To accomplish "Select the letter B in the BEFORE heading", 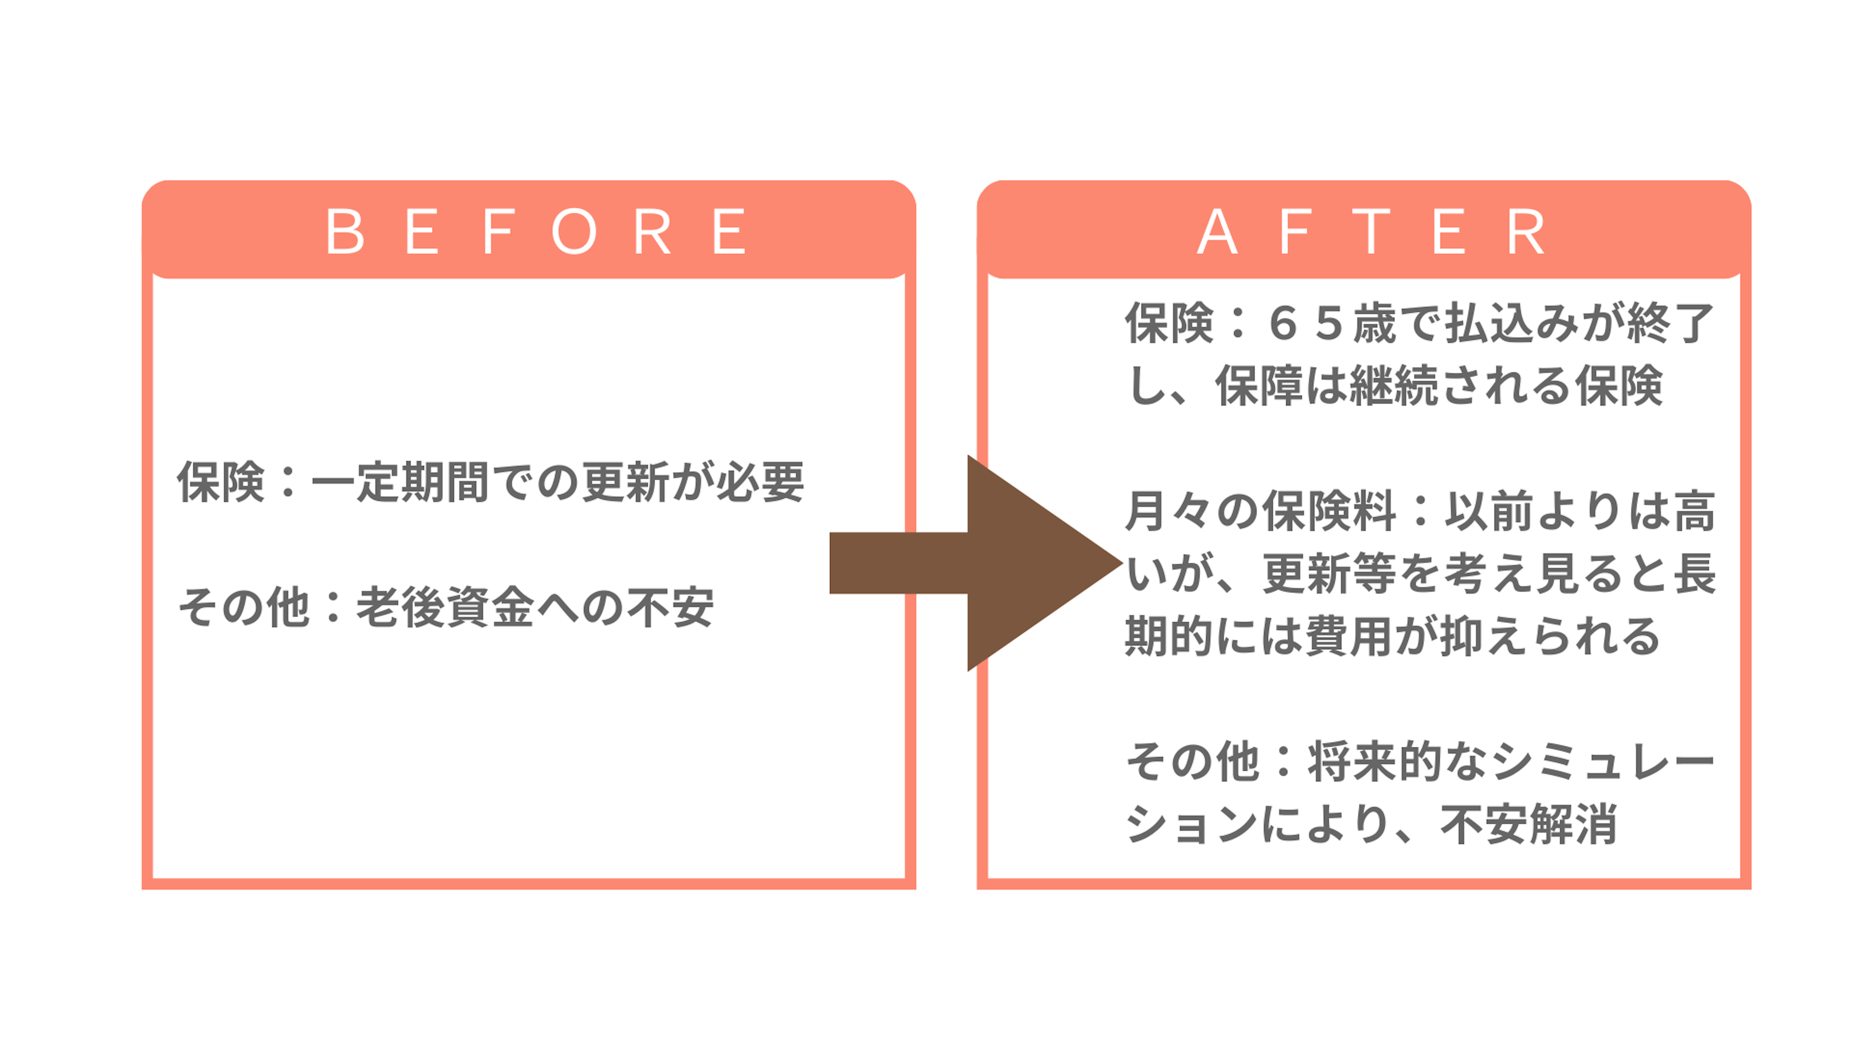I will (345, 231).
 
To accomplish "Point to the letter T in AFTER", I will (1371, 231).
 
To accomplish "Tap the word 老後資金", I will (446, 608).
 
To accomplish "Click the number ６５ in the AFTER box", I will (1306, 323).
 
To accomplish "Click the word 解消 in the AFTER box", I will (1575, 824).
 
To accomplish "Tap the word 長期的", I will (1694, 575).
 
